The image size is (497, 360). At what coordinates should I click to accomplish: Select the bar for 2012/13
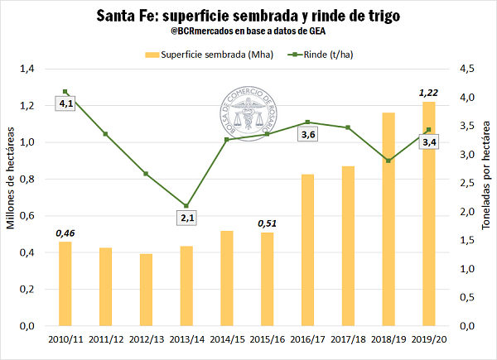(146, 290)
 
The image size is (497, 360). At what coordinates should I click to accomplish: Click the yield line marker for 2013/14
(186, 206)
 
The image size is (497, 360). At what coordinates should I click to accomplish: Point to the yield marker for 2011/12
(105, 134)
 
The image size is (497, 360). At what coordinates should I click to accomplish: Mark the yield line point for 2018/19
(388, 161)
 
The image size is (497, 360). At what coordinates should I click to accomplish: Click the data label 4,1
(65, 103)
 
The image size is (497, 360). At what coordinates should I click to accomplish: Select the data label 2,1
(187, 218)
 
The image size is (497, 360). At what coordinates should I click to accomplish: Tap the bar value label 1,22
(428, 92)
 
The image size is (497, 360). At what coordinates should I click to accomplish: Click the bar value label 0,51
(267, 223)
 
